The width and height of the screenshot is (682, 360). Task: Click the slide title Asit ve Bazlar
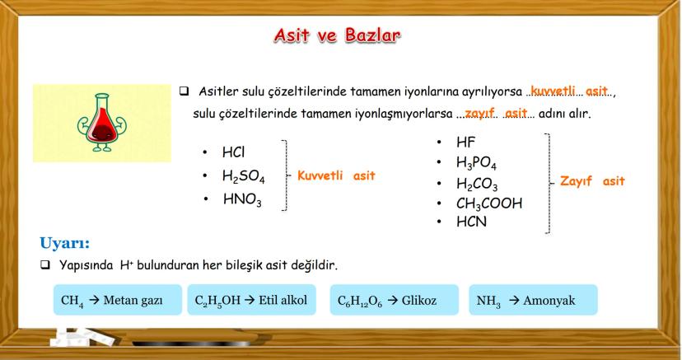(337, 35)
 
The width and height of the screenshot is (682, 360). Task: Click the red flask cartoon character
(101, 123)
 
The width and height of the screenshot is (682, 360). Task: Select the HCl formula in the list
(234, 152)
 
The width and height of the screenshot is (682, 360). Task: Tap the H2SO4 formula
(243, 176)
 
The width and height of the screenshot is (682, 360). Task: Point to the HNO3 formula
(242, 199)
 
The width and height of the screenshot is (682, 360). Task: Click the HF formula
(466, 143)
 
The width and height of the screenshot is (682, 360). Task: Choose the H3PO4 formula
(476, 162)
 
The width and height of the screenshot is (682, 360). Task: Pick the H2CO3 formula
(477, 184)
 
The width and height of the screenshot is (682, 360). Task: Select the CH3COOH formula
(489, 203)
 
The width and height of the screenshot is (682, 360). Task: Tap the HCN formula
(471, 222)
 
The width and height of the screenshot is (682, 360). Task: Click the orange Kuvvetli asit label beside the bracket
(336, 175)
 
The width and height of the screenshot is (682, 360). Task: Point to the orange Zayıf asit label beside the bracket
(592, 181)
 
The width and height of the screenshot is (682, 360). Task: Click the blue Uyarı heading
(64, 242)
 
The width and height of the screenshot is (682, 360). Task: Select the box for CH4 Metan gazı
(118, 300)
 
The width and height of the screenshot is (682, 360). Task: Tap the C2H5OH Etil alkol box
(251, 300)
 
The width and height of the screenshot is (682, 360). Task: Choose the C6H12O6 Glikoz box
(394, 300)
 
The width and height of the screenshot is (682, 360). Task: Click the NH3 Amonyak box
(533, 300)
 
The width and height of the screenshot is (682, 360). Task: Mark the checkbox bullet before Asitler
(184, 91)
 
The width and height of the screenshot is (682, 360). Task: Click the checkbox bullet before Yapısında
(45, 264)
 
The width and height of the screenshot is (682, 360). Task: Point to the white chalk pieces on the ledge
(82, 337)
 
